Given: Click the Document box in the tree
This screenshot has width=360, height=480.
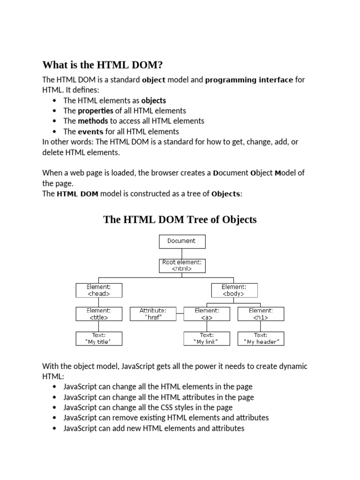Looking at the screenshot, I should pyautogui.click(x=182, y=241).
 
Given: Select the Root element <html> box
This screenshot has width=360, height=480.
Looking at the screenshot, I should pyautogui.click(x=182, y=266).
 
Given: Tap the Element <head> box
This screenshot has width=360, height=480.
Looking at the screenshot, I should pyautogui.click(x=99, y=290).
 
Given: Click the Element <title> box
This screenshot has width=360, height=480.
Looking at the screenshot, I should pyautogui.click(x=99, y=314).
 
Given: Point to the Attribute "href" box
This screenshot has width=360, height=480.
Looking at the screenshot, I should pyautogui.click(x=152, y=314).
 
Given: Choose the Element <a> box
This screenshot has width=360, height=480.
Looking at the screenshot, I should pyautogui.click(x=207, y=314).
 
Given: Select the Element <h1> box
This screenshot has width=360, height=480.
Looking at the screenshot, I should pyautogui.click(x=261, y=314).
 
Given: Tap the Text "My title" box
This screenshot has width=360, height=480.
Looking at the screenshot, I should pyautogui.click(x=99, y=338).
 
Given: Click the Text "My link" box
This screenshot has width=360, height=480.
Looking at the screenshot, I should pyautogui.click(x=207, y=338).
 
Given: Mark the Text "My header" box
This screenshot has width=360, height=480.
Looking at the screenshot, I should pyautogui.click(x=261, y=338).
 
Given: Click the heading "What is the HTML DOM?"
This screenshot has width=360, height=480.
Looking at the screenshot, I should pyautogui.click(x=105, y=65).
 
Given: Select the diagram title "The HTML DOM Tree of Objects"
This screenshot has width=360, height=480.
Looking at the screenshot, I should pyautogui.click(x=180, y=219).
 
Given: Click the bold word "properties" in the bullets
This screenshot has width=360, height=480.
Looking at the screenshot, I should pyautogui.click(x=95, y=111).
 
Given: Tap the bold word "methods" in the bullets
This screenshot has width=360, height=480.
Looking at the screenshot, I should pyautogui.click(x=93, y=121).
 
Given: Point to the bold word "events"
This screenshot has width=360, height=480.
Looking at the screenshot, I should pyautogui.click(x=90, y=132).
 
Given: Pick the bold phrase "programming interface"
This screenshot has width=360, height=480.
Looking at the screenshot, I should pyautogui.click(x=249, y=80).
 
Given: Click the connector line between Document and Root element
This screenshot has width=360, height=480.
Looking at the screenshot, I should pyautogui.click(x=182, y=254).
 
